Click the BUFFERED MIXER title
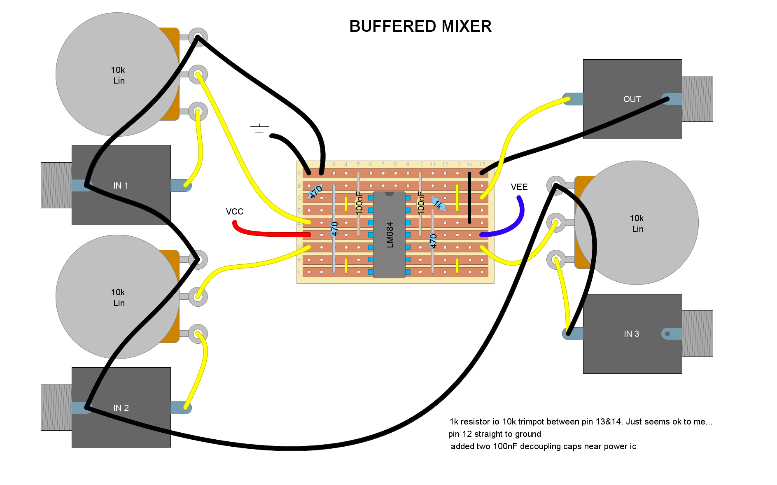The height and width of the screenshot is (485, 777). (x=420, y=26)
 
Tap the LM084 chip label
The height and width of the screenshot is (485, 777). (x=390, y=235)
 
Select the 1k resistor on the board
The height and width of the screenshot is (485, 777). (x=439, y=204)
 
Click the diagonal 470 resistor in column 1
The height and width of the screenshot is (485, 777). (x=315, y=191)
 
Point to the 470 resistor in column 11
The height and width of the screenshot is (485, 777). (x=433, y=241)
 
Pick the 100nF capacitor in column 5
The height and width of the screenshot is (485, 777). (x=359, y=203)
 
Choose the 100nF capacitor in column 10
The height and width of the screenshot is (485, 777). (x=421, y=203)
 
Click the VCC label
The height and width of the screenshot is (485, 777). (x=235, y=212)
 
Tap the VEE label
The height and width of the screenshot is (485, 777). (x=519, y=187)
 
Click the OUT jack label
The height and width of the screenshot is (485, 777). (x=632, y=99)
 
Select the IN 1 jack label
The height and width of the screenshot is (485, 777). (x=121, y=186)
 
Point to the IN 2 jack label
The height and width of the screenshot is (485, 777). (x=121, y=408)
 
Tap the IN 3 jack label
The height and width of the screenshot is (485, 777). (x=632, y=334)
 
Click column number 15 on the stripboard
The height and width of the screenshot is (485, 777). (x=482, y=164)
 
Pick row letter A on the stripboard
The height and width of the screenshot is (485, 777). (x=299, y=173)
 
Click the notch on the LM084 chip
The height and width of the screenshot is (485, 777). (x=389, y=194)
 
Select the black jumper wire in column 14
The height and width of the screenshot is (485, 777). (x=469, y=198)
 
